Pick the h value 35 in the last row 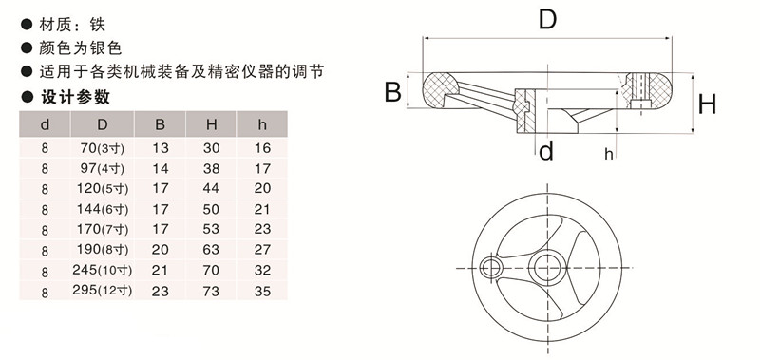(263, 289)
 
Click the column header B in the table (160, 124)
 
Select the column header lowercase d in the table (45, 124)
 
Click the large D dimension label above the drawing (546, 18)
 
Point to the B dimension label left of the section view (390, 91)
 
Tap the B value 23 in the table (160, 289)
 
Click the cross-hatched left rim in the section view (440, 91)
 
